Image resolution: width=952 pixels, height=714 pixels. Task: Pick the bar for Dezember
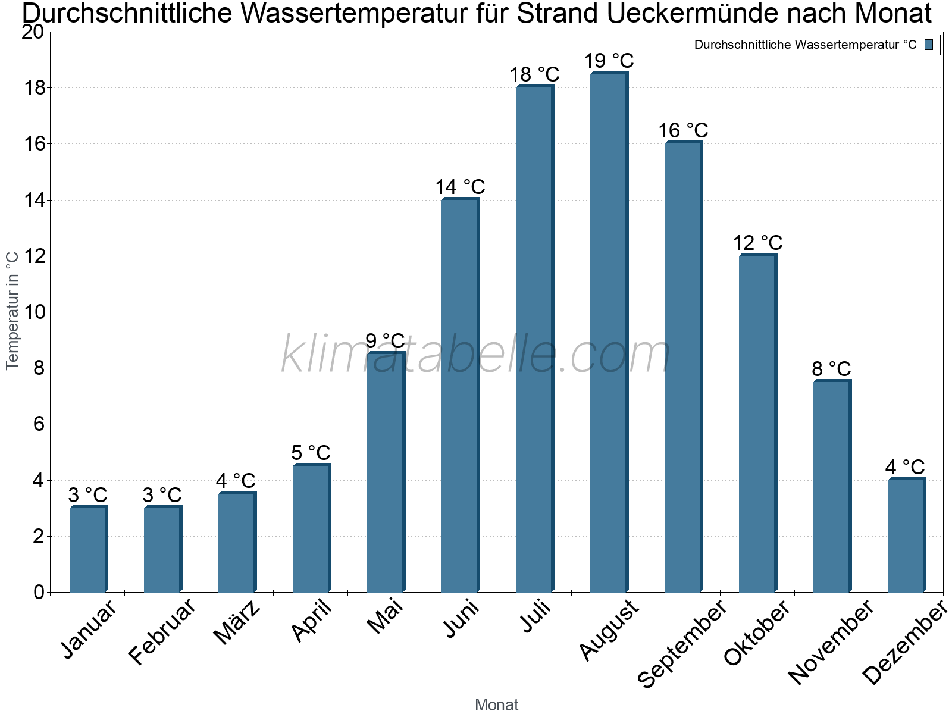906,535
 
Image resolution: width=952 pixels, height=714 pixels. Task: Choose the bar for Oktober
757,423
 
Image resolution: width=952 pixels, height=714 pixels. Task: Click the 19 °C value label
609,61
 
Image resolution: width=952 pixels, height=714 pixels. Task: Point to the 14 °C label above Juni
460,187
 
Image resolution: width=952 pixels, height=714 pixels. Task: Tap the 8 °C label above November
831,369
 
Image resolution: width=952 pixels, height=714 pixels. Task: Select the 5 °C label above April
311,453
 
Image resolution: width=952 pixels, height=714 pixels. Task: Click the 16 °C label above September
683,130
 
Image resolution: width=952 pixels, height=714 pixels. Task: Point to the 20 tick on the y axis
33,32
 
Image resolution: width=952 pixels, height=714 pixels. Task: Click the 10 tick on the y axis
33,312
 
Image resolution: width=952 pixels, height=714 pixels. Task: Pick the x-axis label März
237,623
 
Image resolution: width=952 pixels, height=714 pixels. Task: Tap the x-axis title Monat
497,704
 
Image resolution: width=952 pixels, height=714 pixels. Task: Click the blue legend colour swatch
929,45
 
